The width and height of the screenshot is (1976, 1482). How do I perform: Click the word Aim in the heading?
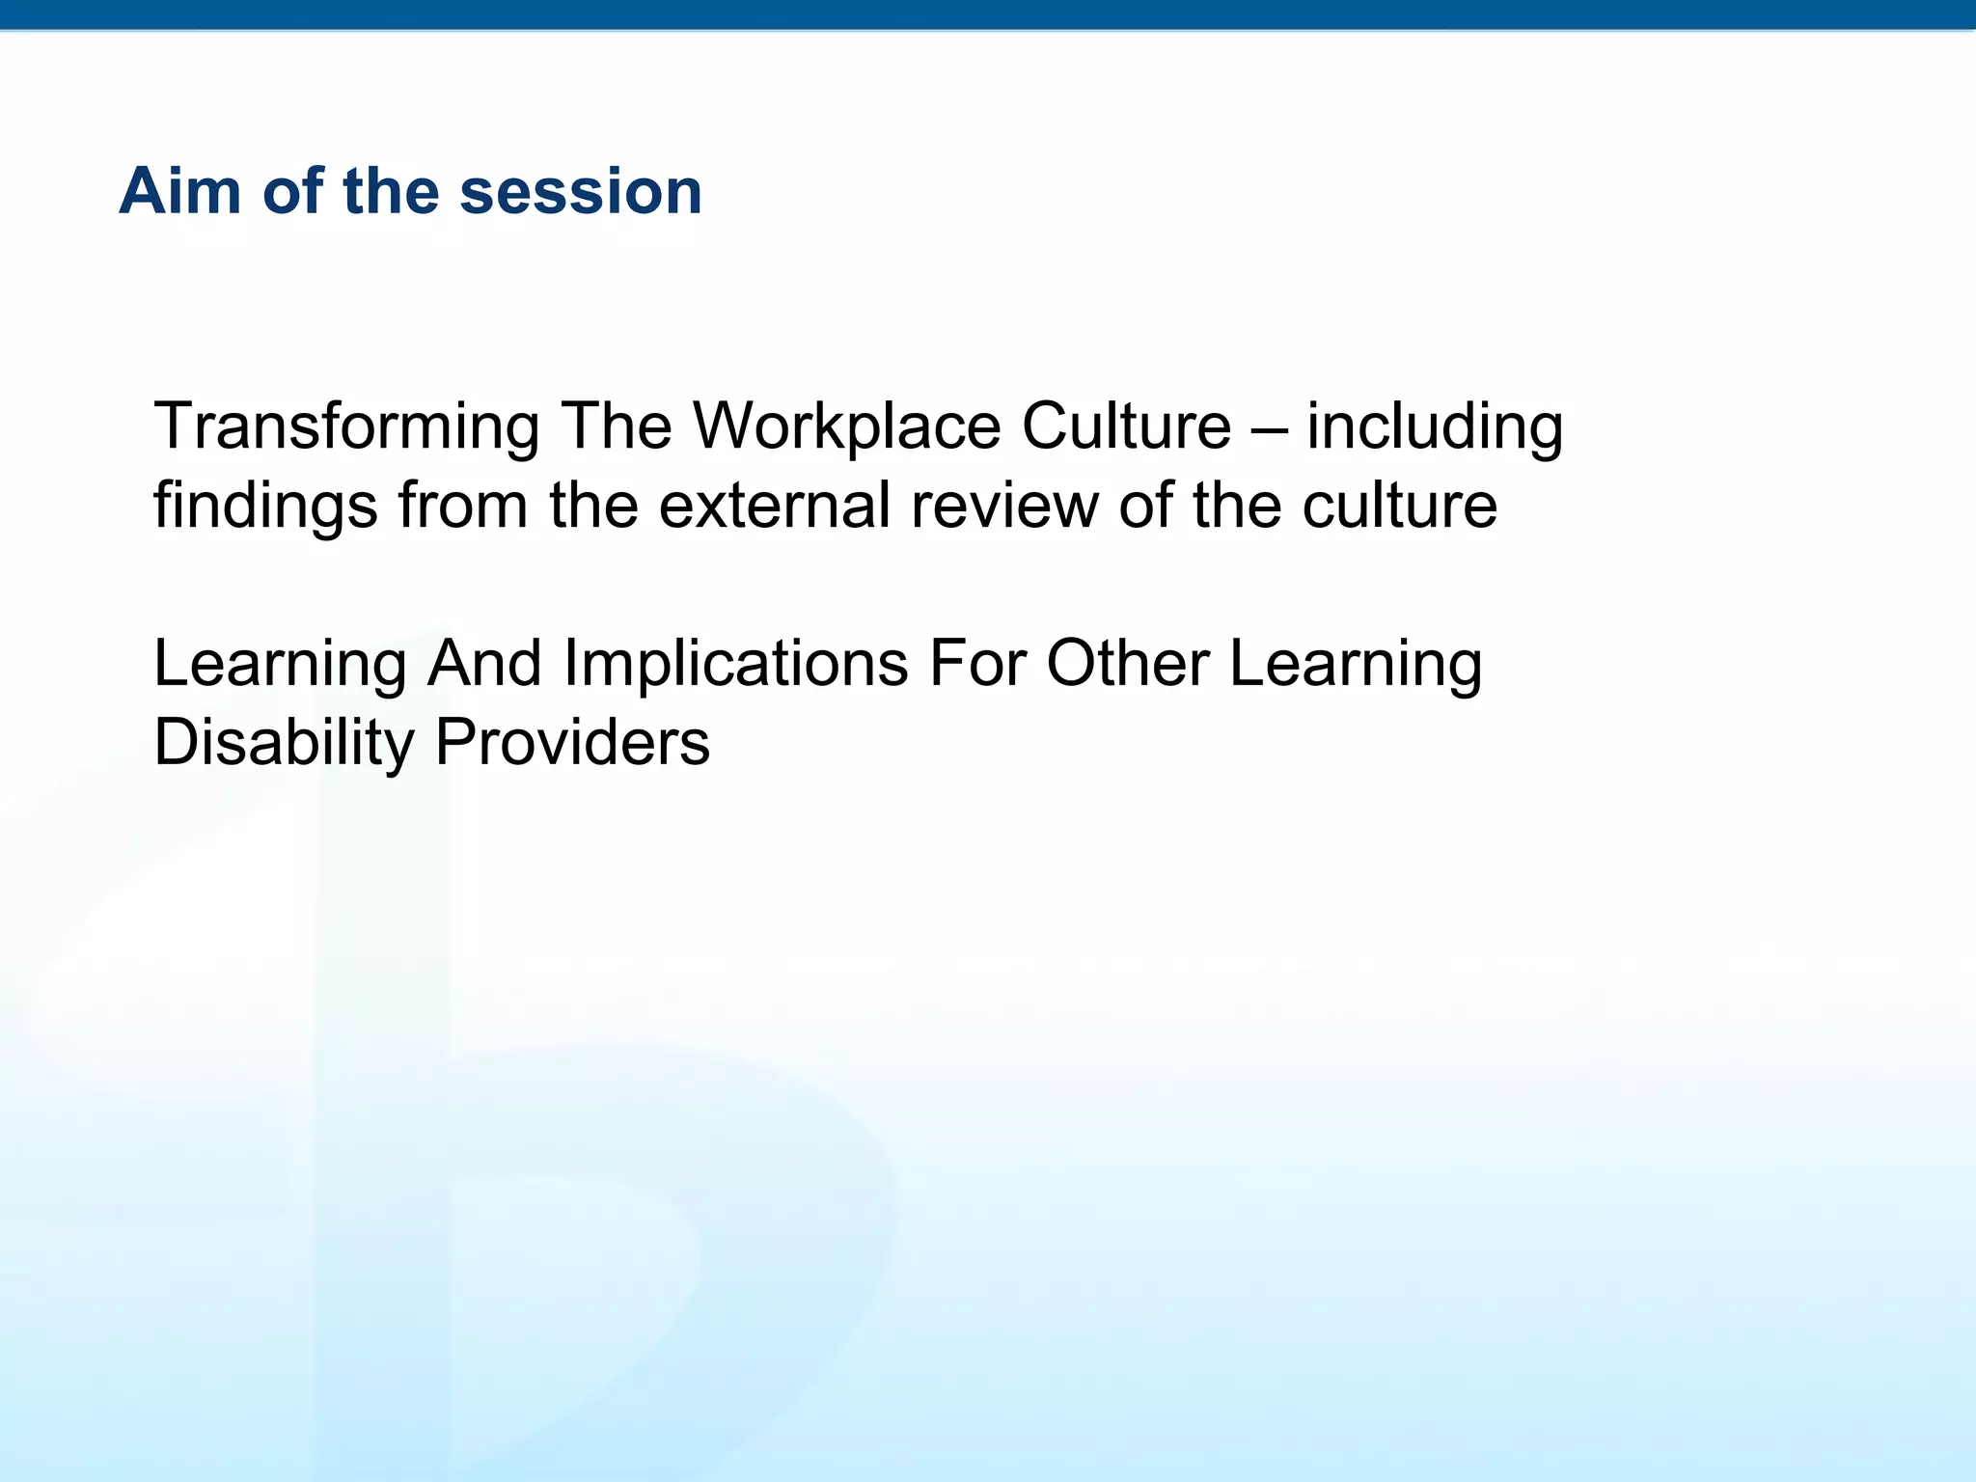(x=179, y=191)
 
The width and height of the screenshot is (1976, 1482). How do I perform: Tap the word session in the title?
(x=580, y=191)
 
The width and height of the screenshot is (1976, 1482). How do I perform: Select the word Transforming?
(x=346, y=427)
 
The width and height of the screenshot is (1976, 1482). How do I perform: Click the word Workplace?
(x=846, y=427)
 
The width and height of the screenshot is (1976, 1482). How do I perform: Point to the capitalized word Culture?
(x=1126, y=427)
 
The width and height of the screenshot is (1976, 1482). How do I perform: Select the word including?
(x=1435, y=427)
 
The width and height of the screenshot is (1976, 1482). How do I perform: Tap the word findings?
(x=265, y=507)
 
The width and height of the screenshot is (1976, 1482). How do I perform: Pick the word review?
(x=1003, y=507)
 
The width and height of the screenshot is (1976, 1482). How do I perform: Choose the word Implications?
(x=735, y=665)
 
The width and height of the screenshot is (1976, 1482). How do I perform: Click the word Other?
(x=1127, y=665)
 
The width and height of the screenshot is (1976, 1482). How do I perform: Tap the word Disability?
(x=284, y=744)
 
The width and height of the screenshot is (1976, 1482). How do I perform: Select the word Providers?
(x=572, y=744)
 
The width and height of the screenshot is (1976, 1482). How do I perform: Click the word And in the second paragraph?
(x=484, y=665)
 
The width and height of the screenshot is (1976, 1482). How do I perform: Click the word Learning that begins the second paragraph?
(x=280, y=665)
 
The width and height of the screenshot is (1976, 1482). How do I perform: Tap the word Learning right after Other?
(x=1356, y=665)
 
